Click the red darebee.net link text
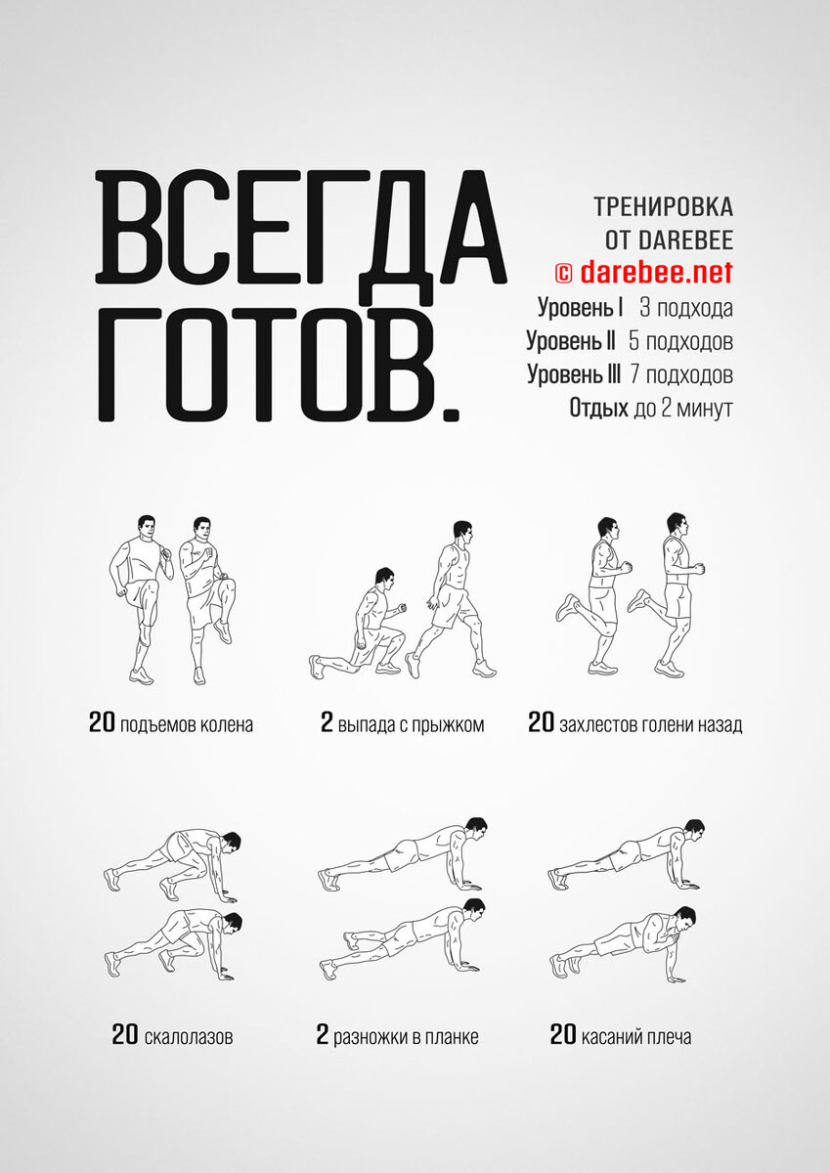pos(656,272)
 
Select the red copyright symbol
pos(564,273)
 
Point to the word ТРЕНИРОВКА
pos(663,207)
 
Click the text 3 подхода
pos(686,308)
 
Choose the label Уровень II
pos(571,341)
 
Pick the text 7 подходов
pos(681,374)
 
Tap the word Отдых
pos(598,408)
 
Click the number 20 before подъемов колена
pos(102,722)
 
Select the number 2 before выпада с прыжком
pos(327,722)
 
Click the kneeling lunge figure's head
pos(385,578)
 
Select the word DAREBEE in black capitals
pos(685,239)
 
